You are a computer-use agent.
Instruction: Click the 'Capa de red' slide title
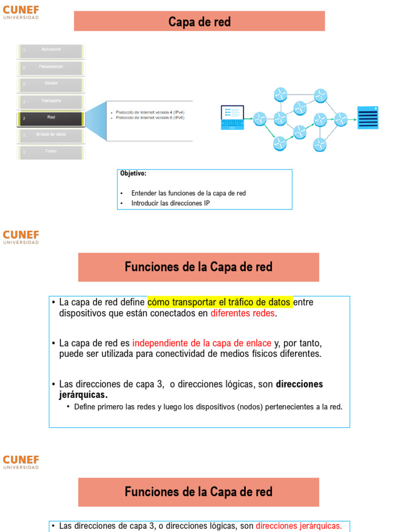pyautogui.click(x=199, y=22)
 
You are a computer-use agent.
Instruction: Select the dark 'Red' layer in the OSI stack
pyautogui.click(x=51, y=118)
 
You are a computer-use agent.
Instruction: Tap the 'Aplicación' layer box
pyautogui.click(x=51, y=50)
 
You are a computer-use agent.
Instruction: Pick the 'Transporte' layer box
pyautogui.click(x=51, y=101)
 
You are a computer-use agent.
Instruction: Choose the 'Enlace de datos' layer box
pyautogui.click(x=51, y=135)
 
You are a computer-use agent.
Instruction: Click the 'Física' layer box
pyautogui.click(x=51, y=151)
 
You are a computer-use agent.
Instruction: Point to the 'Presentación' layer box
pyautogui.click(x=51, y=68)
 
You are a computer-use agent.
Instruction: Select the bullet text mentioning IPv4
pyautogui.click(x=150, y=112)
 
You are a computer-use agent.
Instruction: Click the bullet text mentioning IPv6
pyautogui.click(x=150, y=118)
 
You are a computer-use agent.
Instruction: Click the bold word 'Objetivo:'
pyautogui.click(x=134, y=174)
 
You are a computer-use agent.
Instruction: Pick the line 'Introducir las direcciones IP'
pyautogui.click(x=170, y=203)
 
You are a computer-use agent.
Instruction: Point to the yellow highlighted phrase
pyautogui.click(x=219, y=302)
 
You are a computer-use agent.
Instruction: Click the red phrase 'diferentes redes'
pyautogui.click(x=242, y=313)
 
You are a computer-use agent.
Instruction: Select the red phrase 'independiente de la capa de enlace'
pyautogui.click(x=202, y=343)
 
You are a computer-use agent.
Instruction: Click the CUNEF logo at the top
pyautogui.click(x=21, y=12)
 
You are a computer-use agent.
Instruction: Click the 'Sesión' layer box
pyautogui.click(x=51, y=84)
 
